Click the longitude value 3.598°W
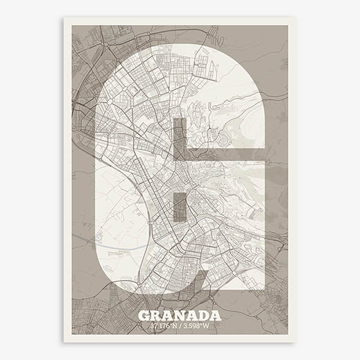coord(196,326)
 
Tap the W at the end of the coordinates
coord(206,326)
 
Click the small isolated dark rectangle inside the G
coord(179,207)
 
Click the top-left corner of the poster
coord(64,17)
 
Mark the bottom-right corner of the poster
coord(295,343)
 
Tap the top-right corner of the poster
coord(295,17)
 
